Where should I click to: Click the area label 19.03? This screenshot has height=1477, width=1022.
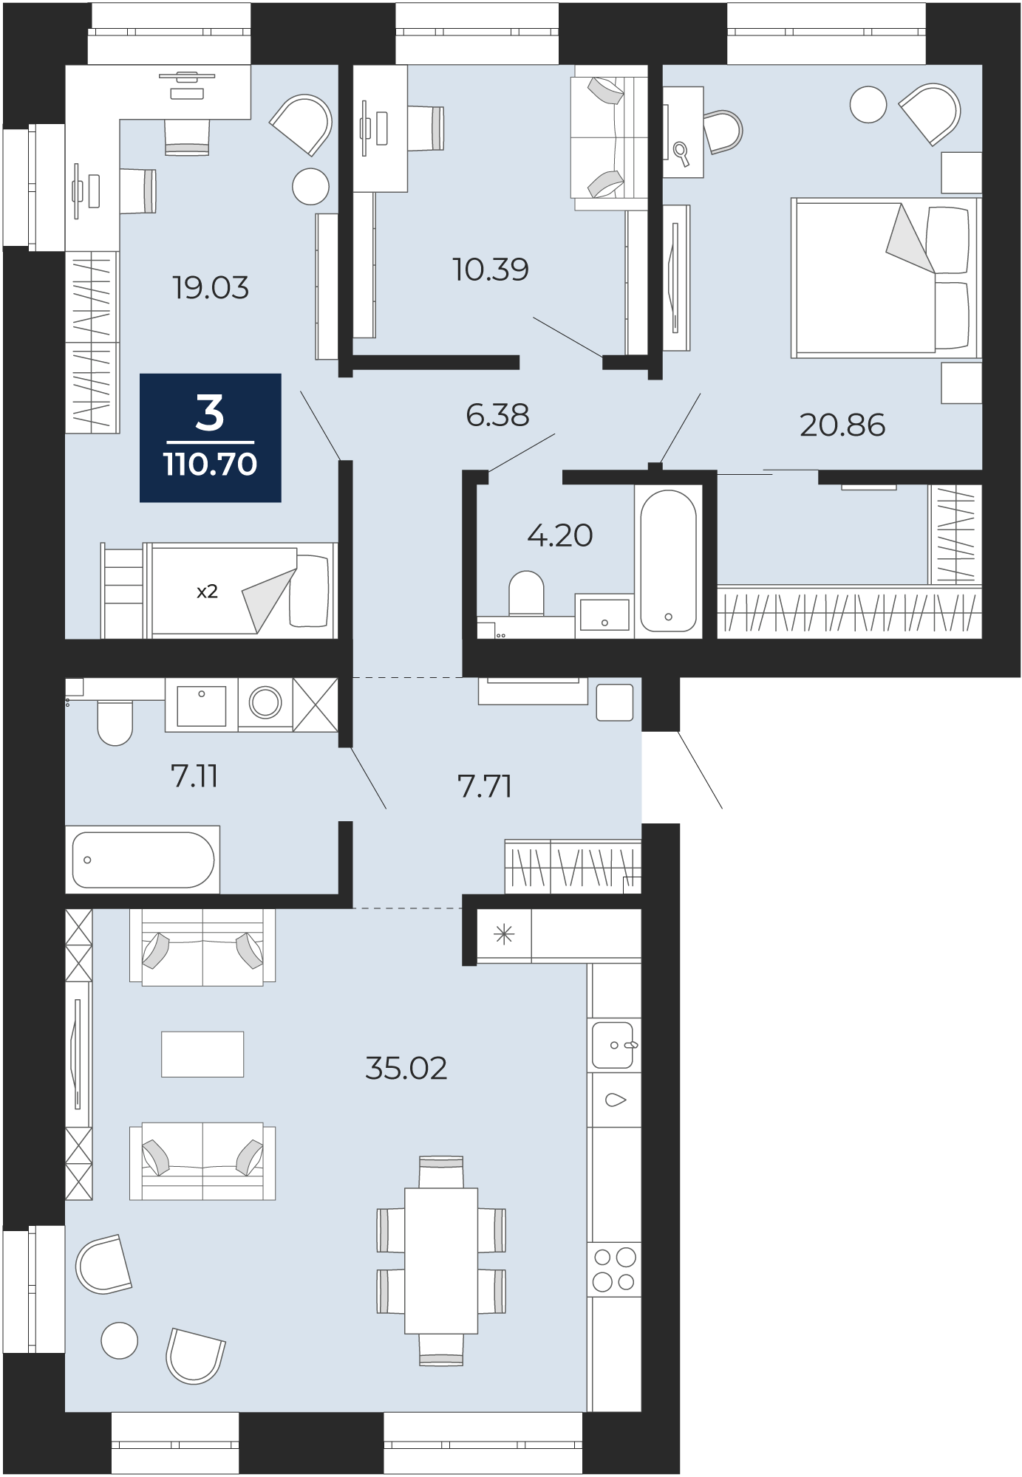coord(211,287)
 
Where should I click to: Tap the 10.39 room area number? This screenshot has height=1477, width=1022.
coord(491,270)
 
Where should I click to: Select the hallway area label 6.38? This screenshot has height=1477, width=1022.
coord(497,415)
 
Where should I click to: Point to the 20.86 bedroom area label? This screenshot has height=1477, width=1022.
coord(842,425)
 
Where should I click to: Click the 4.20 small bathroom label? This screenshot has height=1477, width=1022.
coord(559,535)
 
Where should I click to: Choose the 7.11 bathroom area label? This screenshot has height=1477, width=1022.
coord(194,776)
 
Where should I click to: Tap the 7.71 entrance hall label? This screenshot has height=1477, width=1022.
coord(485,787)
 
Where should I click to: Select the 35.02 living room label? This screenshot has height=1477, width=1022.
coord(406,1069)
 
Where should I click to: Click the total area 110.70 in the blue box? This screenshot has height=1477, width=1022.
coord(210,465)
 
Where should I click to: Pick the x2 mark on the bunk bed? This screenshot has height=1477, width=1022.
coord(207,592)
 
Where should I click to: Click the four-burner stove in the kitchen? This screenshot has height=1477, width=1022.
coord(614,1269)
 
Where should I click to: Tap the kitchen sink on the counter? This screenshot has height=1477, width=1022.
coord(614,1045)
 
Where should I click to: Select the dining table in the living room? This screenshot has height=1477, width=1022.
coord(441,1261)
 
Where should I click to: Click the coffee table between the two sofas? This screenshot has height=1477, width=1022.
coord(202,1054)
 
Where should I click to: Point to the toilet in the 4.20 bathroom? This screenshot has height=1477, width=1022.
coord(526,593)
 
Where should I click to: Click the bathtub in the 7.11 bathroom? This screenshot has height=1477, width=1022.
coord(143,860)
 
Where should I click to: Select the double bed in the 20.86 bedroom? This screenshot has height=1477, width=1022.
coord(886,278)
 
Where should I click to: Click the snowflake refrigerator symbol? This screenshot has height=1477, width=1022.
coord(504,936)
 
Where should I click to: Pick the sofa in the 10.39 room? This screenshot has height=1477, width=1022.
coord(610,138)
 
